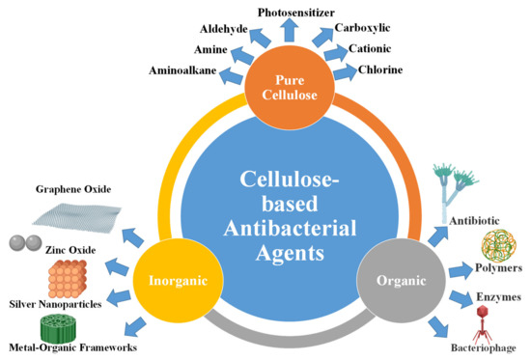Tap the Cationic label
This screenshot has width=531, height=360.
coord(372,50)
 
